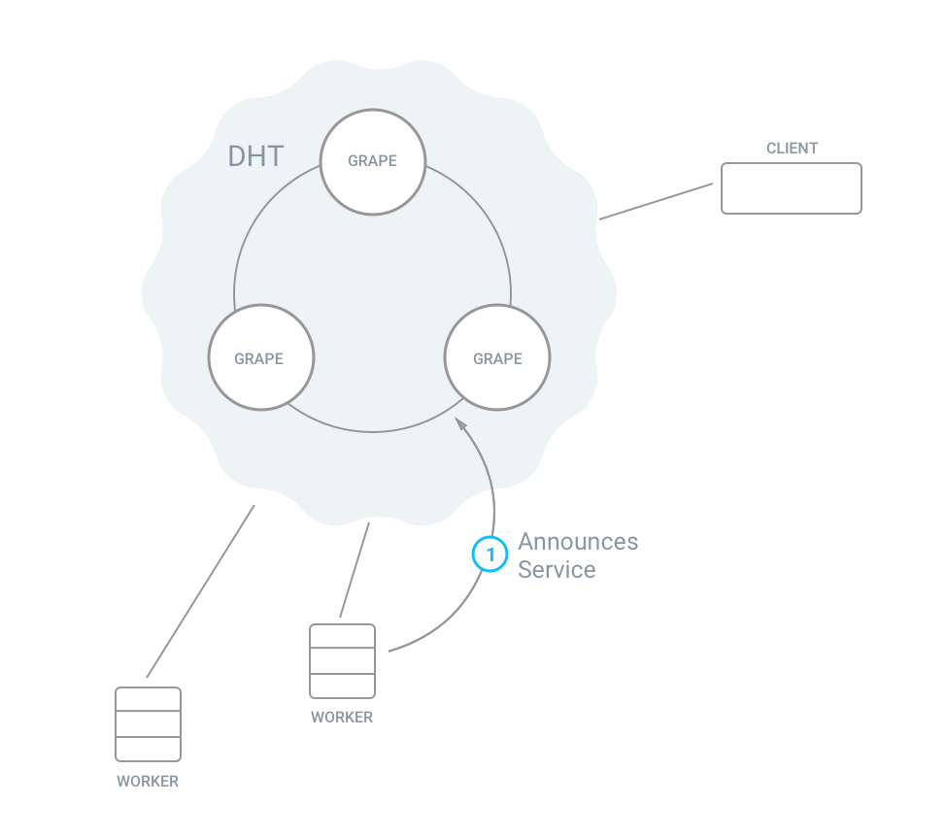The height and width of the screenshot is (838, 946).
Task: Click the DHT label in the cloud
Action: click(255, 156)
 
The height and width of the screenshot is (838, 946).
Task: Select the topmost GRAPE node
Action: click(373, 160)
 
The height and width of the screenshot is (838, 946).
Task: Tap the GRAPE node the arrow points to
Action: click(497, 358)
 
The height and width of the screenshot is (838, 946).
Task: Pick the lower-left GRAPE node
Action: click(259, 358)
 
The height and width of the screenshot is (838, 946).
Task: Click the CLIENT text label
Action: click(792, 149)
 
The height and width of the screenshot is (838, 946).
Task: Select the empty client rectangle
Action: click(791, 188)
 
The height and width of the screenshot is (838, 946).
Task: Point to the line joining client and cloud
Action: click(657, 202)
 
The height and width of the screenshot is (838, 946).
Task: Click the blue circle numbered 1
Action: click(490, 554)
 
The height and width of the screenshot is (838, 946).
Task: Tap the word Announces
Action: click(578, 541)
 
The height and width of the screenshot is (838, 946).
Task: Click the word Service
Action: click(557, 569)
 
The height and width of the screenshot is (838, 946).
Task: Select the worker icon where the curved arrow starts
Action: click(342, 661)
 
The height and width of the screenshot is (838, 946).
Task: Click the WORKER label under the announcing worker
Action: click(342, 718)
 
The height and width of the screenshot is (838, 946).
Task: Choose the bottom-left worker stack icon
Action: click(148, 724)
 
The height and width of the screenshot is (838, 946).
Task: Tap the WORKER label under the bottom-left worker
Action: click(148, 781)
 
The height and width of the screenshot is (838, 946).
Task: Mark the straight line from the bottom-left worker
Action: click(200, 591)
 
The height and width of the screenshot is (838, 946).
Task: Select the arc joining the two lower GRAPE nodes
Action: click(373, 430)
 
